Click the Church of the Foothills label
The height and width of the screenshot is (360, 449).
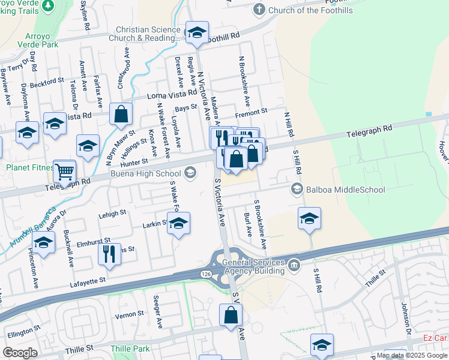point(310,10)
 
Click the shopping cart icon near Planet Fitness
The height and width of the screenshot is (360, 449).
point(64,171)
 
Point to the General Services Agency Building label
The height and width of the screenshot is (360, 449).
point(253,266)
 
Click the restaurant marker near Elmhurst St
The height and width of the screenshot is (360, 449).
point(109,254)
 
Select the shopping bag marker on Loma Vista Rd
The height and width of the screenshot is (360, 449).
point(121,115)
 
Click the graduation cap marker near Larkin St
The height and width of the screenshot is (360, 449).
point(178,224)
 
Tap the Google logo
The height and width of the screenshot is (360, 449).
point(20,352)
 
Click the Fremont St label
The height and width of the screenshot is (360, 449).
point(251,112)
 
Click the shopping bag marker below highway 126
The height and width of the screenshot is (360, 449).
point(231,315)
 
